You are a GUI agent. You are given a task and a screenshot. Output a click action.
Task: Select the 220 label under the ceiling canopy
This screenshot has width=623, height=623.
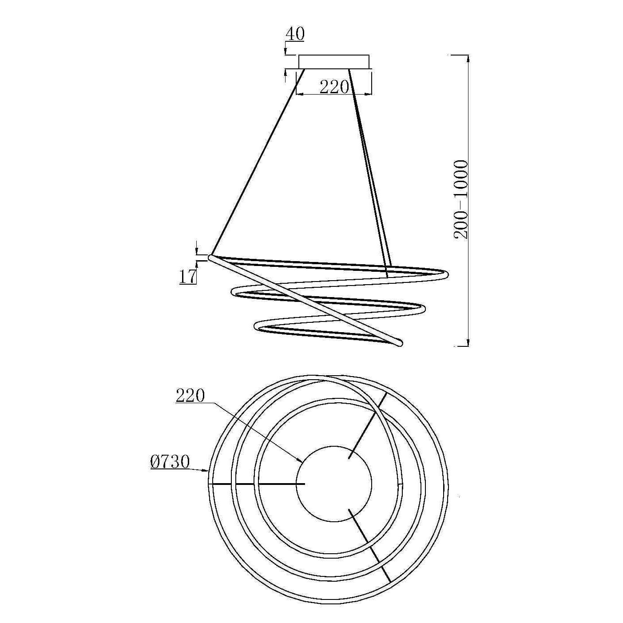(334, 87)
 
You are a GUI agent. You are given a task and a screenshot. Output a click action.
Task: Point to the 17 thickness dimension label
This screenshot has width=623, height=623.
(188, 277)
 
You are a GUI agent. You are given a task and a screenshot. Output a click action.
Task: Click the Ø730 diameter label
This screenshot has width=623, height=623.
(170, 462)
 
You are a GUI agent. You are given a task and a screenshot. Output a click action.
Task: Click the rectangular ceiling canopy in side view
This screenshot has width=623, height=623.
(333, 62)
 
